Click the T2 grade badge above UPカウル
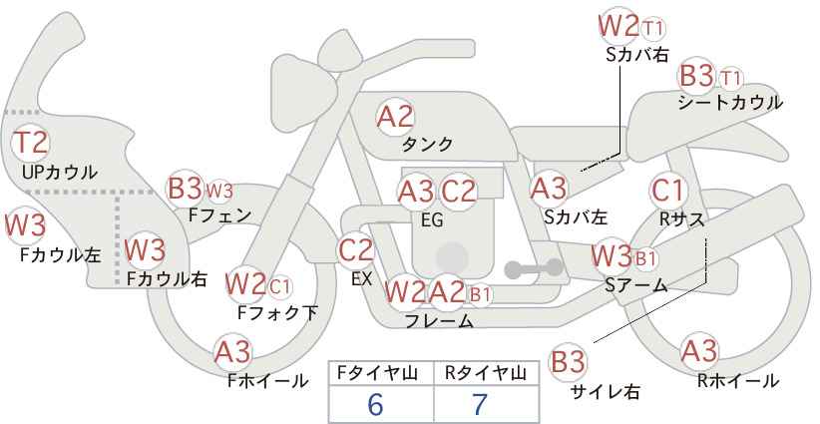pos(31,143)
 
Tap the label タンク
pos(427,145)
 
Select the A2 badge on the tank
pos(395,117)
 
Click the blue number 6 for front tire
pos(375,404)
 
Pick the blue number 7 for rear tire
pos(480,404)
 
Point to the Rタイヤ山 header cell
pos(486,373)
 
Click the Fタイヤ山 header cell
pos(381,373)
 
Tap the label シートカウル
pos(729,102)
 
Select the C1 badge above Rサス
pos(668,190)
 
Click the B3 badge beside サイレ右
pos(568,361)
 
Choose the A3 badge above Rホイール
pos(698,351)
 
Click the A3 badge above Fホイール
pos(233,351)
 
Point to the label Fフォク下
pos(278,312)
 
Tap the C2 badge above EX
pos(356,249)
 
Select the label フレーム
pos(439,321)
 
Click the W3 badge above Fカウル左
pos(25,225)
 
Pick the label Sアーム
pos(635,285)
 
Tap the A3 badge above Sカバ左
pos(549,187)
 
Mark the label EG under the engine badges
pos(432,218)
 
